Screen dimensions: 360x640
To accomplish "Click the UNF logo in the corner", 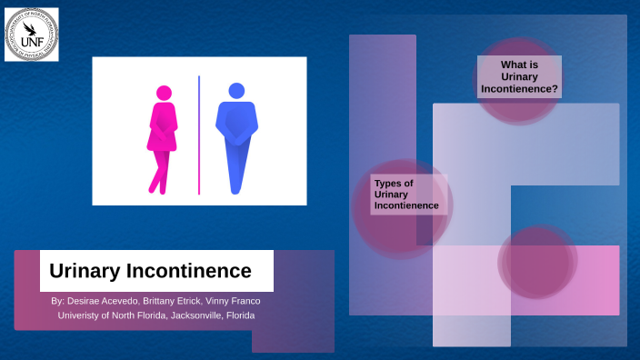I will point(32,35).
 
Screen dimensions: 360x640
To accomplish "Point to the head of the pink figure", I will point(164,93).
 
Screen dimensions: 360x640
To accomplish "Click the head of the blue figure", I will point(236,91).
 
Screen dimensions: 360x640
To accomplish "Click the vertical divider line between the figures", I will point(199,135).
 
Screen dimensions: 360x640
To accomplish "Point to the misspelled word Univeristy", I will point(78,315).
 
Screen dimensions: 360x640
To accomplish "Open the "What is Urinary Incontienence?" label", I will point(518,77).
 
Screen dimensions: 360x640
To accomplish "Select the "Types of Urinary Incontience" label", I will point(406,195).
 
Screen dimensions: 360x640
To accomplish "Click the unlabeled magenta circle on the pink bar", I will point(536,262).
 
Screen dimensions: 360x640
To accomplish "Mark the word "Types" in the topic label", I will point(388,183).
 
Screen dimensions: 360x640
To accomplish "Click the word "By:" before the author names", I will point(58,301).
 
